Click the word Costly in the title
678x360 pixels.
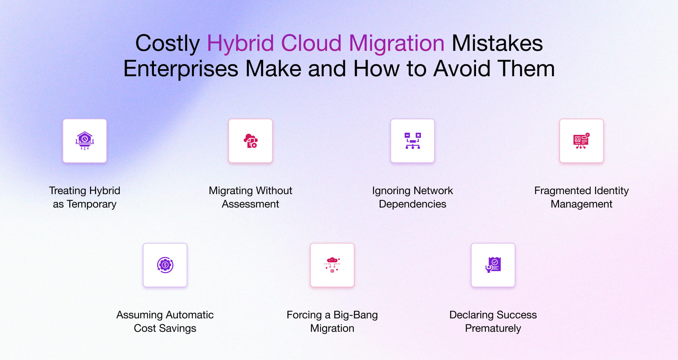coord(167,43)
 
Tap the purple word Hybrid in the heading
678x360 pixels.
coord(240,43)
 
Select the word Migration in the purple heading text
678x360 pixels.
coord(396,43)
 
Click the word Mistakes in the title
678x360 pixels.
coord(497,43)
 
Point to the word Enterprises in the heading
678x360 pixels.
coord(180,68)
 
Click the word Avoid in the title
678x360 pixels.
coord(462,68)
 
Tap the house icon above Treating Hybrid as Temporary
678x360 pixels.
coord(85,140)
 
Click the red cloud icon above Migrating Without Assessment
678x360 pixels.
coord(250,140)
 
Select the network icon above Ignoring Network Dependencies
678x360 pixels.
coord(412,140)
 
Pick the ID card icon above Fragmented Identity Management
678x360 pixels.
coord(581,140)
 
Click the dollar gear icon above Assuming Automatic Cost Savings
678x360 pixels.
coord(165,265)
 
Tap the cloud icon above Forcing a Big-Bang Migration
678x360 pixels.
coord(332,265)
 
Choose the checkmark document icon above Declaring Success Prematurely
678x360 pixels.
coord(493,265)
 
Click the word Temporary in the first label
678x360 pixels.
coord(91,204)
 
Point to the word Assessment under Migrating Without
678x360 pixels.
coord(250,204)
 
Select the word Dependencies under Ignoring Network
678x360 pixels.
coord(412,204)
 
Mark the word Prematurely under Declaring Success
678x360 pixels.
coord(493,328)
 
